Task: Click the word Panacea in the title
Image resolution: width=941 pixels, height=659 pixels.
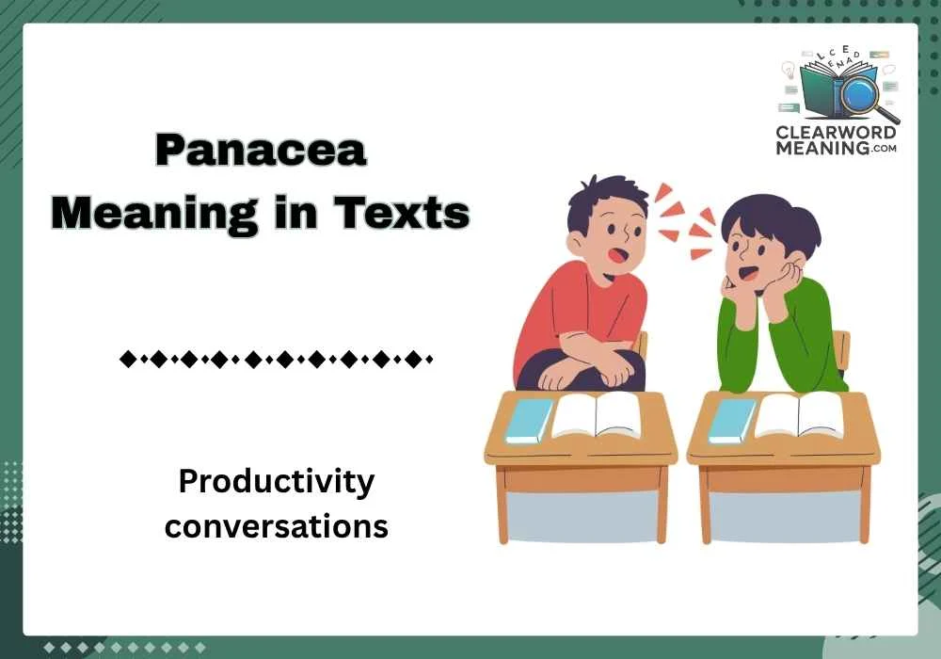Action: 260,151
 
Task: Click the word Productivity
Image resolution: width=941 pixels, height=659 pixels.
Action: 277,482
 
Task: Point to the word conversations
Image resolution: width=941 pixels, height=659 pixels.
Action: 277,525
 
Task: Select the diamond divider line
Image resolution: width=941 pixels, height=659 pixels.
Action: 277,359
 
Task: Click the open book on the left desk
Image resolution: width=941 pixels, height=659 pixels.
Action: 595,415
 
